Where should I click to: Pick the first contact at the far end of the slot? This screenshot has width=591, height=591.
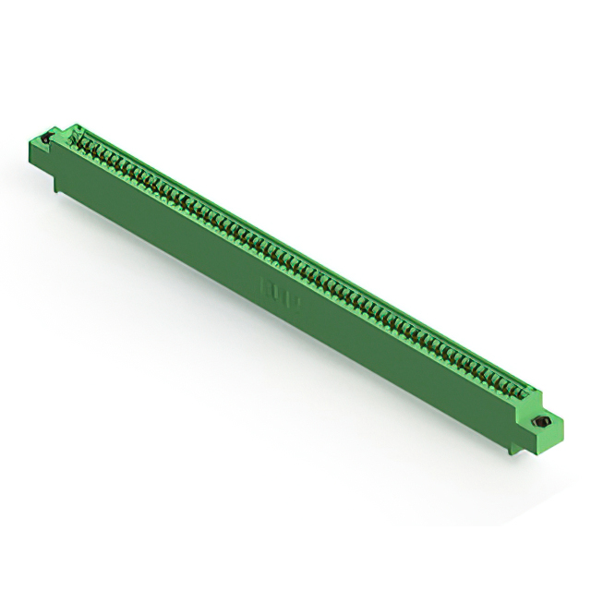click(78, 139)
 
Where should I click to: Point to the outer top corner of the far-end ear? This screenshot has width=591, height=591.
click(34, 135)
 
